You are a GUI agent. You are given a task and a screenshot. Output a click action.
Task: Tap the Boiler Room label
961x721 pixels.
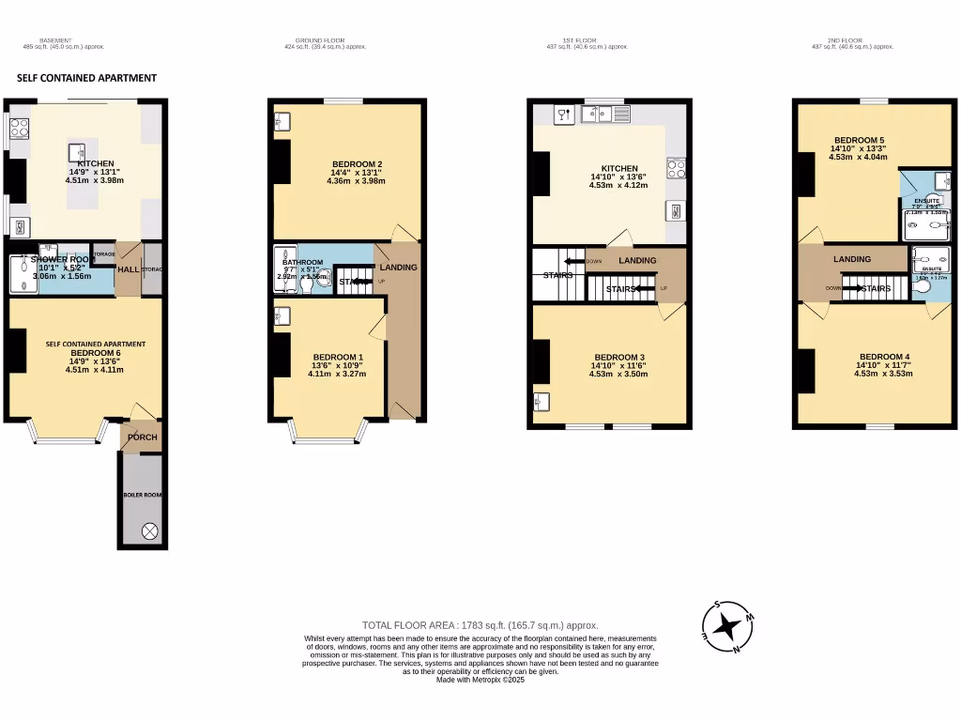coord(143,494)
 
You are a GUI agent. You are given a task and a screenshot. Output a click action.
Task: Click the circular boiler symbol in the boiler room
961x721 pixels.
coord(149,531)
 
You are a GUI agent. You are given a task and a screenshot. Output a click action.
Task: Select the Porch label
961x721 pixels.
coord(143,437)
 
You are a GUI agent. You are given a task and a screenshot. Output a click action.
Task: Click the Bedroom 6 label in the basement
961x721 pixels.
coord(84,352)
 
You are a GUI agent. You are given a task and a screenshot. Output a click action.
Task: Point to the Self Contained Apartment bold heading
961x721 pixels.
coord(86,78)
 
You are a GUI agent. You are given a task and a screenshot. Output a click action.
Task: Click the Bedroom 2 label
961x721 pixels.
coord(357,164)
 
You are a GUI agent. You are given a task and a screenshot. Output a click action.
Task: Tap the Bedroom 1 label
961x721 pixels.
coord(338,357)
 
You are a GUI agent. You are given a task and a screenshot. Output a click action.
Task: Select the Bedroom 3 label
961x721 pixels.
coord(619,357)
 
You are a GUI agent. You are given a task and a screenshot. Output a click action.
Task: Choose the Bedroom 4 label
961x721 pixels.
coord(883,357)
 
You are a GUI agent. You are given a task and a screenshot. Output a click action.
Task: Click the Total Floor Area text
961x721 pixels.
coord(480,625)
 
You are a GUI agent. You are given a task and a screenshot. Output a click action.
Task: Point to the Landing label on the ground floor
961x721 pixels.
coord(399,268)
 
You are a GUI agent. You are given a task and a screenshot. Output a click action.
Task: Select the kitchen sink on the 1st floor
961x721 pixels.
coord(597,115)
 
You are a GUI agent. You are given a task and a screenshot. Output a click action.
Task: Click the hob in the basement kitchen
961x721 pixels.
coord(18,128)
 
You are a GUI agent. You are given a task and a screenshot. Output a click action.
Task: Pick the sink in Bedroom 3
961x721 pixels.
coord(542,403)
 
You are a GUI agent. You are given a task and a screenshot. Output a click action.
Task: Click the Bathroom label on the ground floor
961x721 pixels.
coord(302,263)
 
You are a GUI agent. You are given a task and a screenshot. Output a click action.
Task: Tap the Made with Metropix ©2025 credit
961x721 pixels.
coord(480,680)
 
